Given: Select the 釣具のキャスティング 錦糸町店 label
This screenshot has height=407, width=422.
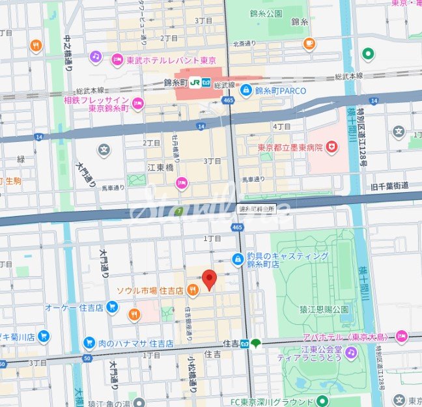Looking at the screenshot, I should point(286,260).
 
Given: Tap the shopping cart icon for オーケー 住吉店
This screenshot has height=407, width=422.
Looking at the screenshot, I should point(113,306).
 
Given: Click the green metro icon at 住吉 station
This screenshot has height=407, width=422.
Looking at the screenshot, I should point(257,343).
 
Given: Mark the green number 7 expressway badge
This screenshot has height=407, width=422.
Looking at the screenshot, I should point(179,211).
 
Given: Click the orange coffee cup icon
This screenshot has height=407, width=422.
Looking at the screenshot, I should point(309,44).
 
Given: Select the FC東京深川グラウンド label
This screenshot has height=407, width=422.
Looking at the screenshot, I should point(277,400).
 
